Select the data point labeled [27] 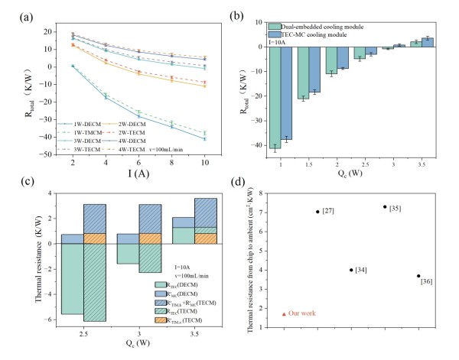[317, 211]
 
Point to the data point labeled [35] [385, 206]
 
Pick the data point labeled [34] [351, 269]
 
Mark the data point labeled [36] [418, 276]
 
